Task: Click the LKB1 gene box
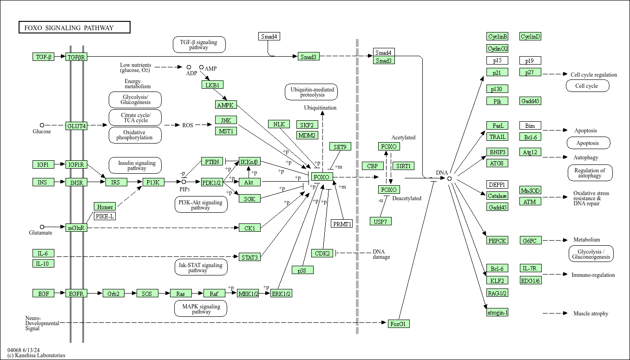point(213,85)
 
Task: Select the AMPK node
point(226,105)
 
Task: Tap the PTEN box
point(212,162)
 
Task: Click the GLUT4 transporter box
point(76,126)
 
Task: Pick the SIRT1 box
point(403,166)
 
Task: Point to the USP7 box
point(381,222)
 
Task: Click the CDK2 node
point(322,253)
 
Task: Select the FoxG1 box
point(399,324)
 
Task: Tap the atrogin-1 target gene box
point(497,313)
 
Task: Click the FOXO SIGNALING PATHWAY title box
point(74,28)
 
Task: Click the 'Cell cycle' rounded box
point(587,86)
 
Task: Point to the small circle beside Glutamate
point(42,227)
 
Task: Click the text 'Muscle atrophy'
point(591,314)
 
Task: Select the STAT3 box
point(249,257)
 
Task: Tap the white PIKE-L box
point(105,216)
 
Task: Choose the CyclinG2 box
point(497,48)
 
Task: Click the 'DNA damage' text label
point(381,254)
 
